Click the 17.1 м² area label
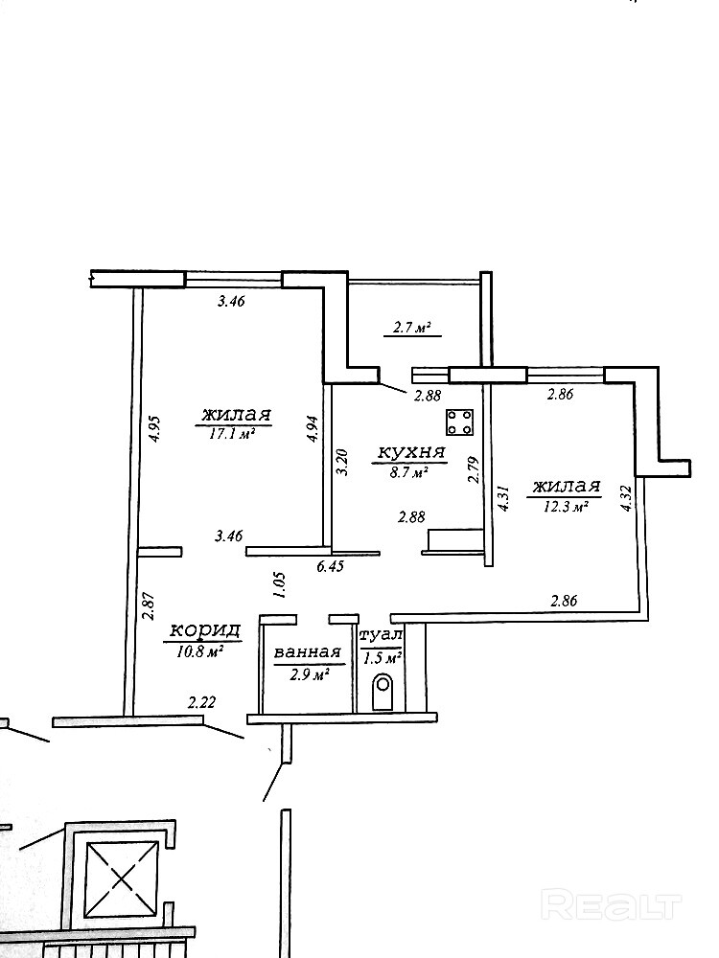(232, 433)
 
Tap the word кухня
(411, 453)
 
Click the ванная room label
(307, 652)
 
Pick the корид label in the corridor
(204, 630)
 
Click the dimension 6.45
(330, 566)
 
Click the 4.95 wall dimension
(153, 429)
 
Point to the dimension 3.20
(342, 463)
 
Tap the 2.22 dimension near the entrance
(202, 704)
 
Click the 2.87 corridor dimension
(148, 606)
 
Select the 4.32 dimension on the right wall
(625, 497)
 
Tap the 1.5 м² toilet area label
(383, 659)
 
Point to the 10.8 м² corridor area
(199, 651)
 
